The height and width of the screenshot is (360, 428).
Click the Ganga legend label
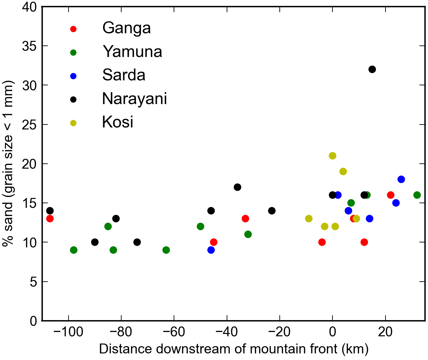tap(127, 28)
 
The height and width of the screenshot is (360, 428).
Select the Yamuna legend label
tap(132, 52)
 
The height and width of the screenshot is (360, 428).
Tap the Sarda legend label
tap(124, 75)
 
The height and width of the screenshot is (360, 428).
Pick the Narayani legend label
tap(134, 99)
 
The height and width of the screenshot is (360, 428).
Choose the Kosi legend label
tap(118, 122)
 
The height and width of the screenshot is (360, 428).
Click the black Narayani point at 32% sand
tap(372, 69)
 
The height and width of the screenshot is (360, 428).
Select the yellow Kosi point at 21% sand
tap(332, 156)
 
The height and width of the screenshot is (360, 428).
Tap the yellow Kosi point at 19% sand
tap(343, 172)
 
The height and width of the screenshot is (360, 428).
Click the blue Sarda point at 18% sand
tap(401, 180)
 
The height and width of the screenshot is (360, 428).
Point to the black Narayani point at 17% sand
tap(237, 187)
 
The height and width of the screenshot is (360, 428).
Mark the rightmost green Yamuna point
tap(417, 195)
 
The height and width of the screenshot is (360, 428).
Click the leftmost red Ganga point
tap(50, 219)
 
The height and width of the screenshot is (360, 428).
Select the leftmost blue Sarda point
tap(211, 250)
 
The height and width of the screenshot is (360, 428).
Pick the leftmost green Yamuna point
tap(74, 250)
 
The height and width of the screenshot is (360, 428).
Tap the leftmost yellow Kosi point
tap(309, 219)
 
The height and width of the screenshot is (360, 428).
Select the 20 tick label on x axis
tap(385, 332)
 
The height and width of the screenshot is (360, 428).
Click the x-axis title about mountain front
tap(233, 349)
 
